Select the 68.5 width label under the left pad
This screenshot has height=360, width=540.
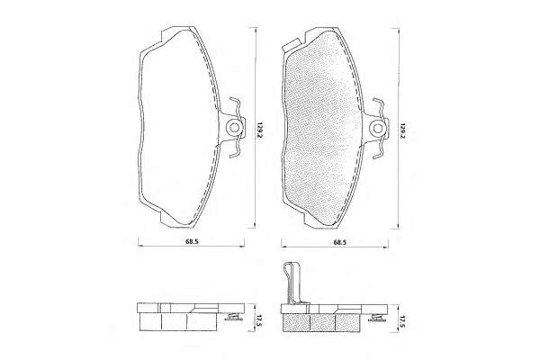point(192,241)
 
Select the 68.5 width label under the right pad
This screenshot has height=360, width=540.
point(340,242)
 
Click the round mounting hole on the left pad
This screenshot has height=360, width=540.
point(235,128)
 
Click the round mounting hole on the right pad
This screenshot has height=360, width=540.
point(378,128)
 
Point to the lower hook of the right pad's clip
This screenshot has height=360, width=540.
point(379,150)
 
